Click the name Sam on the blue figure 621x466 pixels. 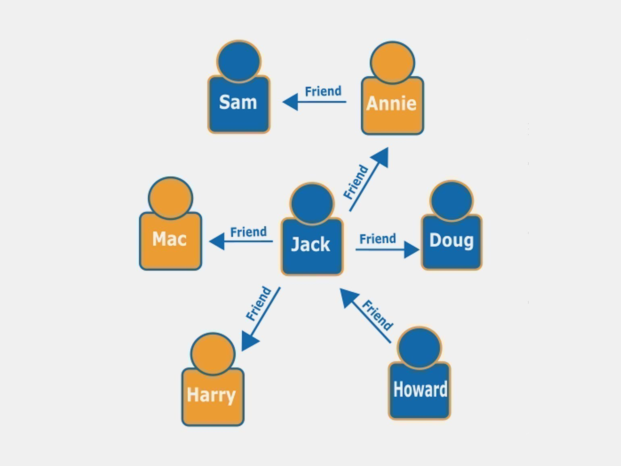[238, 102]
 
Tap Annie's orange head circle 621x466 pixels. [392, 63]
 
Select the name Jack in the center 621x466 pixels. [310, 244]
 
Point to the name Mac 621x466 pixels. [169, 239]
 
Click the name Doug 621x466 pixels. [451, 240]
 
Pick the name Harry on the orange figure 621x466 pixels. [211, 395]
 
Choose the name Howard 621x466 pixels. [420, 389]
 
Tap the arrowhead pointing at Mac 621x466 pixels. [217, 241]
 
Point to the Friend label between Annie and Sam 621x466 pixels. [323, 91]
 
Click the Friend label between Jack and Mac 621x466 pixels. [248, 232]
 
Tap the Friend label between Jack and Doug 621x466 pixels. [377, 239]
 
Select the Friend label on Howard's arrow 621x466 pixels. [377, 315]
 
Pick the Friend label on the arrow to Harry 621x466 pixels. [258, 303]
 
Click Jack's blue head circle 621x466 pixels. [312, 203]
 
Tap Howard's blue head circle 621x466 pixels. [419, 347]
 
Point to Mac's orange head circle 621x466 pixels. [171, 198]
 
